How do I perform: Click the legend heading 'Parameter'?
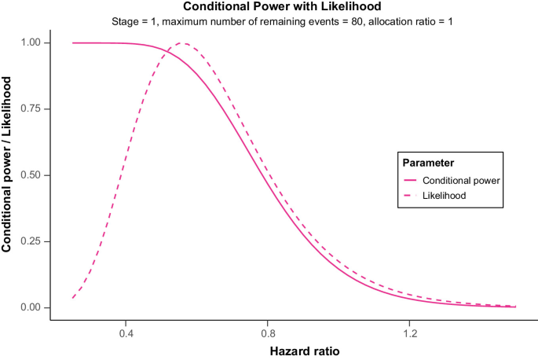click(x=428, y=163)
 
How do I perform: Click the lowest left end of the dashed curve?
click(x=72, y=298)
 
